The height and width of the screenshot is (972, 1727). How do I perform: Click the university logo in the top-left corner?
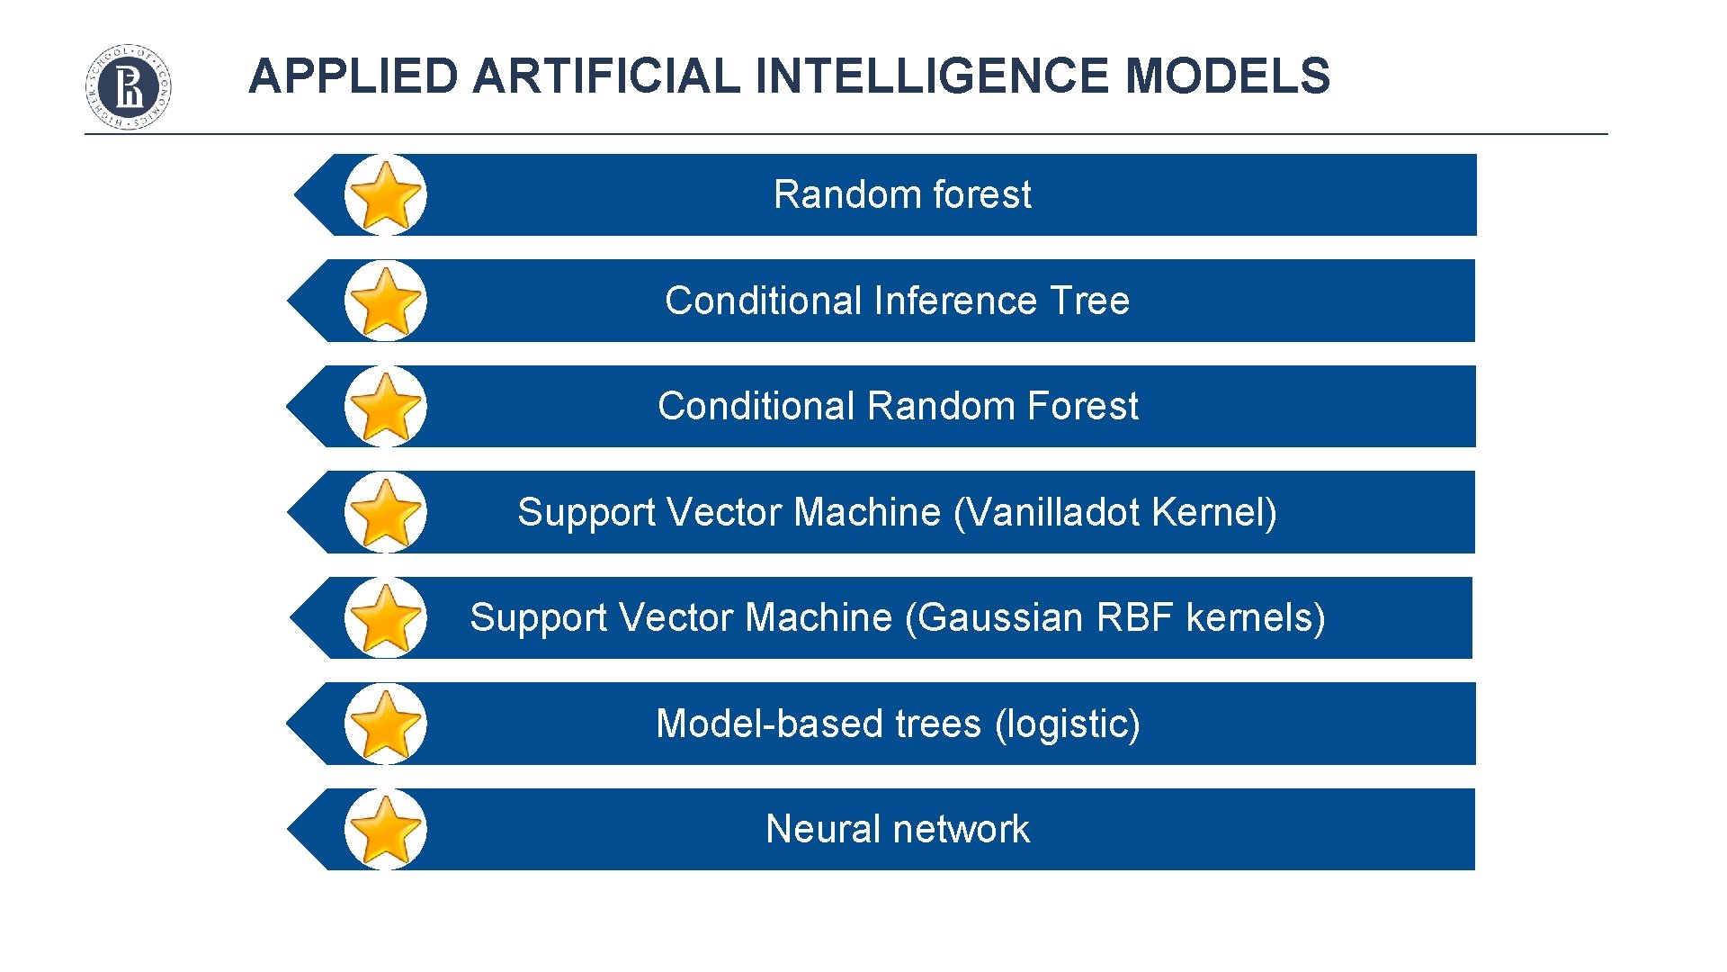coord(129,86)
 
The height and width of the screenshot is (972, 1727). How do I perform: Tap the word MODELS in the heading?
coord(1228,76)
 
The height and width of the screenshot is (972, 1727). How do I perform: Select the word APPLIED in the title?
coord(353,76)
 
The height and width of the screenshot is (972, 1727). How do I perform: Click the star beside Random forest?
coord(385,195)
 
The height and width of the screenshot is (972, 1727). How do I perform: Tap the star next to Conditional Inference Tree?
coord(385,301)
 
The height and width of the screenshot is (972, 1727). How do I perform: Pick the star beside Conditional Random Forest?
coord(385,407)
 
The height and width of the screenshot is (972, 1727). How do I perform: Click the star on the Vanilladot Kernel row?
coord(385,512)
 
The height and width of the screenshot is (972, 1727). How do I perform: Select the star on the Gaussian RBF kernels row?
coord(385,618)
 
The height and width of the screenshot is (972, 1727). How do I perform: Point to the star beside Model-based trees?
coord(385,724)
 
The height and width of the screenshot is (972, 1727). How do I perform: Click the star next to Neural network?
coord(385,829)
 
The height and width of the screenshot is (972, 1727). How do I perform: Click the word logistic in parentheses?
coord(1068,724)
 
